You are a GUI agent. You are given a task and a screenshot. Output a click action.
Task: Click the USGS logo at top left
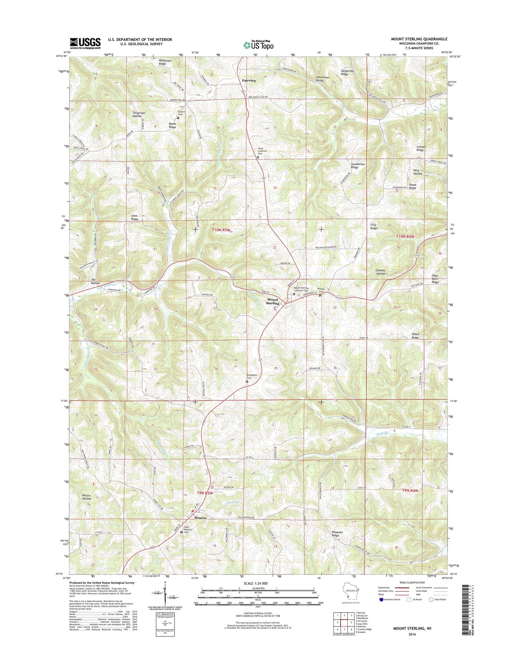85,43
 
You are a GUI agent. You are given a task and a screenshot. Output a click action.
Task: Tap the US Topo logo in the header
258,45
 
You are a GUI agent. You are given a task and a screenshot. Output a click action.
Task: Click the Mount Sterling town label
272,301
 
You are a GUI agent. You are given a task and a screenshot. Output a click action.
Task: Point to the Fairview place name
249,80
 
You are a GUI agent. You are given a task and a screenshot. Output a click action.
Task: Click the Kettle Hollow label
87,497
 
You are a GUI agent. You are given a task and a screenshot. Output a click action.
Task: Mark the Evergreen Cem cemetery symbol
247,382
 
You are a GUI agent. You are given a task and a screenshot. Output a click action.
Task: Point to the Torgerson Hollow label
139,114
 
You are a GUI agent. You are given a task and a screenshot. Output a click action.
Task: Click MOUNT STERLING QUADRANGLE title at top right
419,39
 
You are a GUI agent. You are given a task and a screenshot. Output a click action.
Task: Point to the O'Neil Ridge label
415,336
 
